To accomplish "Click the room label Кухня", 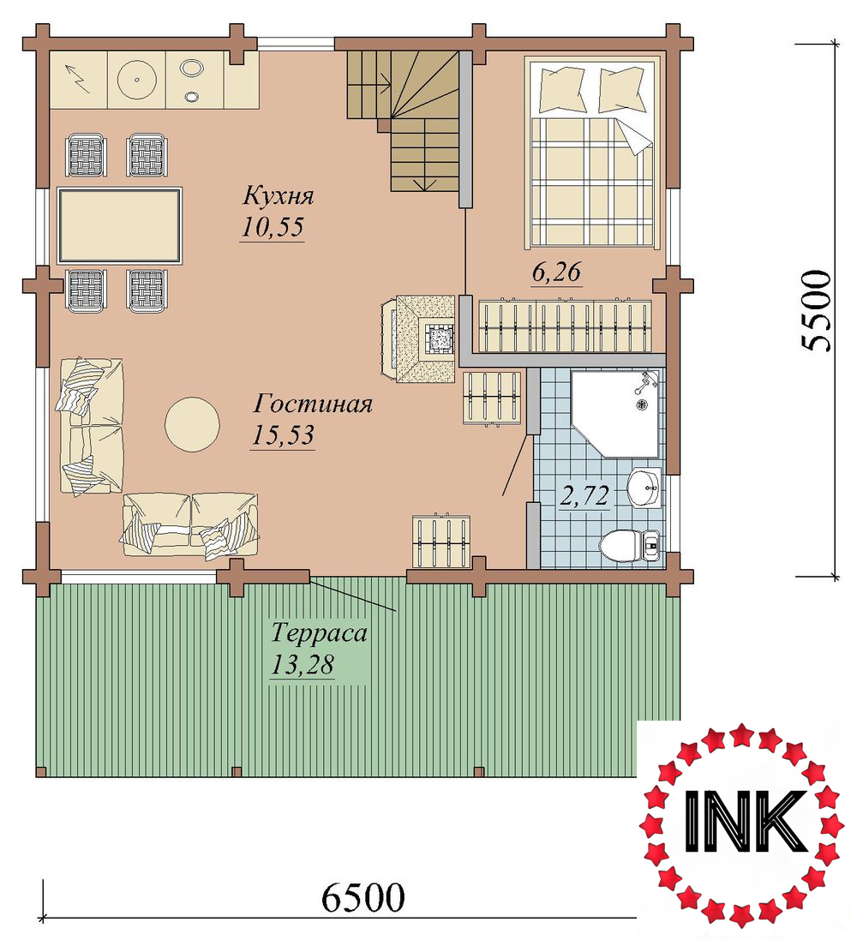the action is (x=279, y=196).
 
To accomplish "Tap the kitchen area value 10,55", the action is (x=273, y=226).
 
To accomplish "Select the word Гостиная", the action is (x=313, y=404).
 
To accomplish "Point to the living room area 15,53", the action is (x=283, y=434).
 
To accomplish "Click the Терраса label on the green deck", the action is (x=319, y=633).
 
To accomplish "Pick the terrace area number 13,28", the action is (x=302, y=664).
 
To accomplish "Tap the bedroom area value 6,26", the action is (x=556, y=272).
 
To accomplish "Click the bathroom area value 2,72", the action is (x=584, y=496).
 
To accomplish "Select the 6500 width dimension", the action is (x=363, y=897).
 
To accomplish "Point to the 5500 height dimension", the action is (x=816, y=311).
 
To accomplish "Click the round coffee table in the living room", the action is (x=192, y=425).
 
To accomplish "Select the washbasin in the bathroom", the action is (x=644, y=488).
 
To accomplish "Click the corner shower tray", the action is (x=614, y=414).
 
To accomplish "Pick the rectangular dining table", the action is (x=119, y=225).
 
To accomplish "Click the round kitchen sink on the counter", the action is (x=137, y=80).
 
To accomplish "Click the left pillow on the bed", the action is (x=562, y=88).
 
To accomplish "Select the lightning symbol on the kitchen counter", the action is (x=79, y=79).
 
